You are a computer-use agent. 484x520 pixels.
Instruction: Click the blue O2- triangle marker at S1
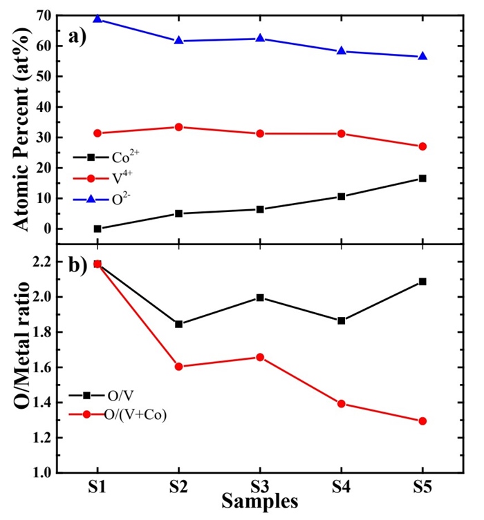pos(97,19)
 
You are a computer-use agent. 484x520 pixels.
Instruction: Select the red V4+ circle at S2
pos(178,127)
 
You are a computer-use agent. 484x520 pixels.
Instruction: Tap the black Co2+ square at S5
pos(422,178)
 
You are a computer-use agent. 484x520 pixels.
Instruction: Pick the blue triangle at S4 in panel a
pos(342,51)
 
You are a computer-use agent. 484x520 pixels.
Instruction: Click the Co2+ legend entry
pos(114,156)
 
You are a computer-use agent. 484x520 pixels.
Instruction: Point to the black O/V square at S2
pos(178,324)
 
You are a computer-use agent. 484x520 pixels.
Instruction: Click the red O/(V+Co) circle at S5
pos(422,421)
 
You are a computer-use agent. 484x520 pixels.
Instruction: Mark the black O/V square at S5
pos(422,282)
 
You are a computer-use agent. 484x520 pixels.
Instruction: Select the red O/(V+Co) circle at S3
pos(260,357)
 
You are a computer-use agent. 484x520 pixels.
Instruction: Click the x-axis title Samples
pos(260,502)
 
